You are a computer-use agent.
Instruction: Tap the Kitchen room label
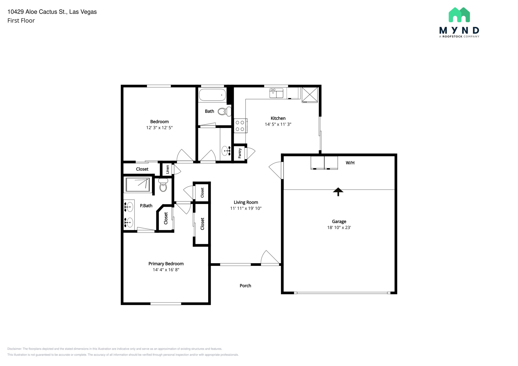pos(278,118)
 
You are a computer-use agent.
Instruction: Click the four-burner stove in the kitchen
pos(240,126)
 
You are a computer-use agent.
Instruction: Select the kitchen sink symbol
pos(276,93)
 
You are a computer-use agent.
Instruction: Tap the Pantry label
pos(240,153)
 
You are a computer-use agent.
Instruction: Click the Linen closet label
pos(167,169)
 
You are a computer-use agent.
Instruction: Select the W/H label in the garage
pos(350,163)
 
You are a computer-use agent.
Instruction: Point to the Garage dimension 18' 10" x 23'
pos(339,227)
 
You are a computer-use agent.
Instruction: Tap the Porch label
pos(245,286)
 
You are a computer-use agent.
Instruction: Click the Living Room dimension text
pos(246,208)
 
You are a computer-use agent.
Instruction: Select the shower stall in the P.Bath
pos(138,185)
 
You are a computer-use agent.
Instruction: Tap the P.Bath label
pos(146,206)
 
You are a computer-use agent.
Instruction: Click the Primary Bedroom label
pos(166,264)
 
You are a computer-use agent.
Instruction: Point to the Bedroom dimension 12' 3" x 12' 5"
pos(159,128)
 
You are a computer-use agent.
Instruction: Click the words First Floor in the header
pos(21,21)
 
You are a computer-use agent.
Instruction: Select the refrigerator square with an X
pos(310,95)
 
